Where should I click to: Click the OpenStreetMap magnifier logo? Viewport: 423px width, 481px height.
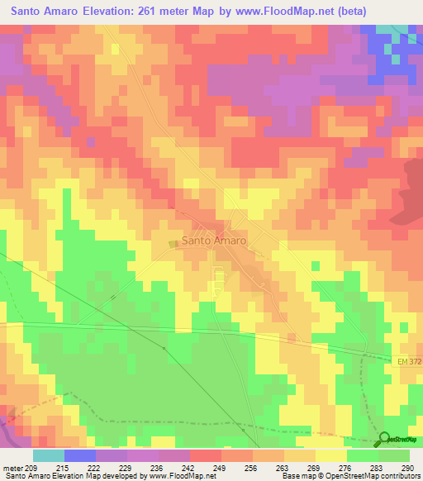[x=385, y=440]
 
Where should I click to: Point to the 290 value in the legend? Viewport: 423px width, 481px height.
[x=406, y=468]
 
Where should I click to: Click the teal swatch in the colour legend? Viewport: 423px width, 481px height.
[x=49, y=455]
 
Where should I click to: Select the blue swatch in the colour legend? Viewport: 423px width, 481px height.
[x=80, y=455]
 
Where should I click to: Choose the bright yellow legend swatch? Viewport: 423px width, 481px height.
[x=331, y=455]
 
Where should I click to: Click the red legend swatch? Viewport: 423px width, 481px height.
[x=206, y=455]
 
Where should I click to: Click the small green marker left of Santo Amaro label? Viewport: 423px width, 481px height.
[x=173, y=242]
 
